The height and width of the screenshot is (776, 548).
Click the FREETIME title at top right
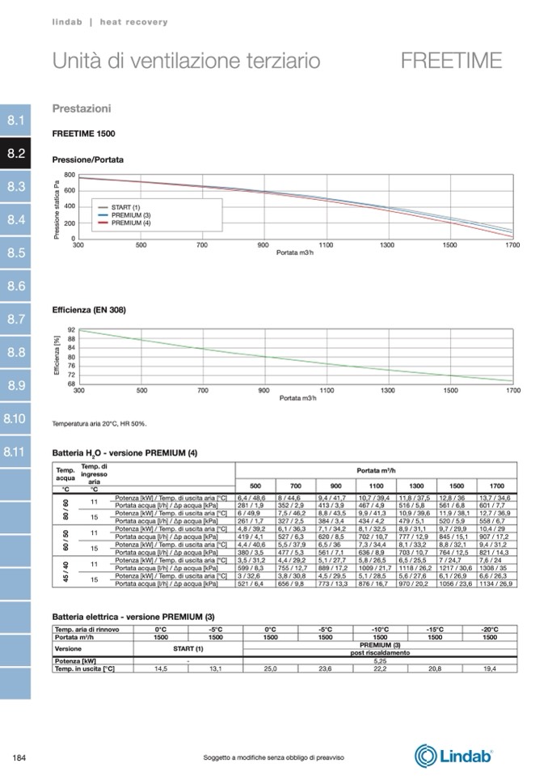[451, 61]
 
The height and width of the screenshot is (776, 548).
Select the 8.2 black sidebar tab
[16, 153]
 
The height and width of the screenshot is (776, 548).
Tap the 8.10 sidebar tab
[16, 418]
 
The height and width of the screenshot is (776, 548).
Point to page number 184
[20, 757]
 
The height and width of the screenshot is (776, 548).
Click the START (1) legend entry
[125, 208]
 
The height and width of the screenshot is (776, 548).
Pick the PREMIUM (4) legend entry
[131, 222]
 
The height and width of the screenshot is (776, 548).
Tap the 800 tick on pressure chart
[70, 175]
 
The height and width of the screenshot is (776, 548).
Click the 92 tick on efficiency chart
[71, 329]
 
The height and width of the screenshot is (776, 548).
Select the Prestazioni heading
[82, 108]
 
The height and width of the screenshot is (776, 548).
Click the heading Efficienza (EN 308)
[89, 310]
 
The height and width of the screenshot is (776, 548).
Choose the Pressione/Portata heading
[88, 160]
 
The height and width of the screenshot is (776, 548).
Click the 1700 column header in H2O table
[496, 485]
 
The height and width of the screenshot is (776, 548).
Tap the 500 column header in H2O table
[255, 485]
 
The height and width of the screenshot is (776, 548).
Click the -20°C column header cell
[489, 629]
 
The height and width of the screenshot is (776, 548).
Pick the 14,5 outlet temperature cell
[160, 669]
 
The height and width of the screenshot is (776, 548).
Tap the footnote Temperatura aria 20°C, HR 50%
[99, 423]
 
